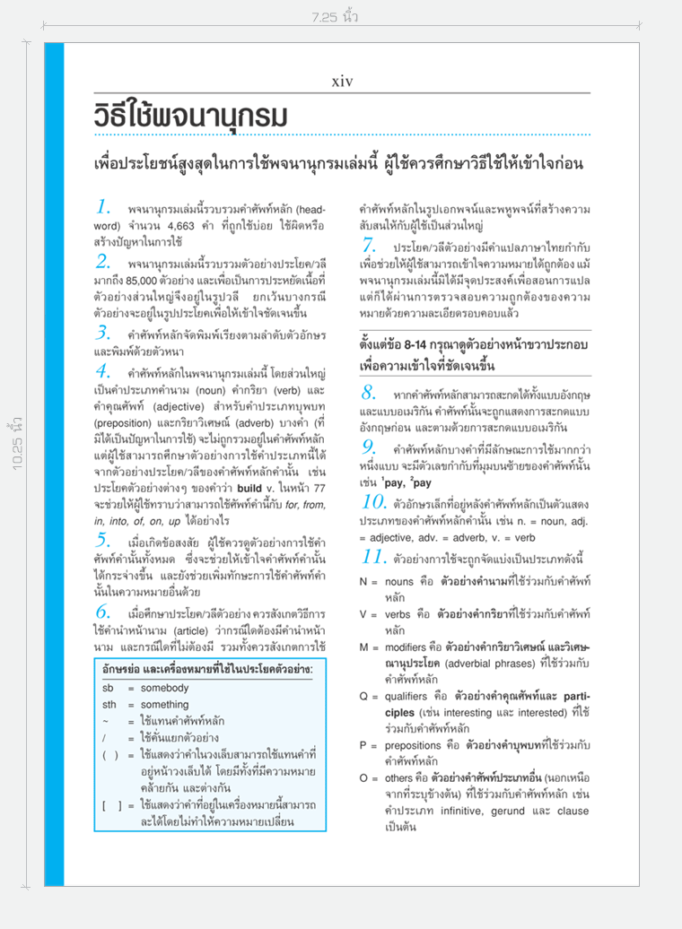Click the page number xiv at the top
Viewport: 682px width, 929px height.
342,82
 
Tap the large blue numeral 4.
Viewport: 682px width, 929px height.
103,371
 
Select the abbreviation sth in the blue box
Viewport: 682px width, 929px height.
109,704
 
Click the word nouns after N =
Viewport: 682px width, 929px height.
399,581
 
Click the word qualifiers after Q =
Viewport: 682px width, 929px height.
407,695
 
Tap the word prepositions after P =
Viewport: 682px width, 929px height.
414,744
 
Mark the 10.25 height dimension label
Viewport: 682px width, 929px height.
18,442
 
